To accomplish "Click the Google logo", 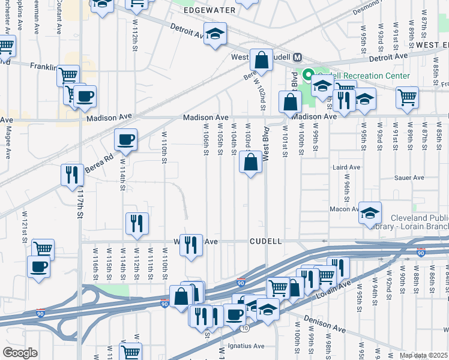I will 20,353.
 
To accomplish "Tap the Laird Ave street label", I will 346,168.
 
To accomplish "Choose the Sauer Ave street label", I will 409,178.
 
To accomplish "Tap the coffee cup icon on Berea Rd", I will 126,140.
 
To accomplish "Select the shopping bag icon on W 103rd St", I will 250,162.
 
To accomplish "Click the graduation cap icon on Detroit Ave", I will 215,34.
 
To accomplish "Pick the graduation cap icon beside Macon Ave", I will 370,213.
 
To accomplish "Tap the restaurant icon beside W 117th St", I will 72,175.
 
